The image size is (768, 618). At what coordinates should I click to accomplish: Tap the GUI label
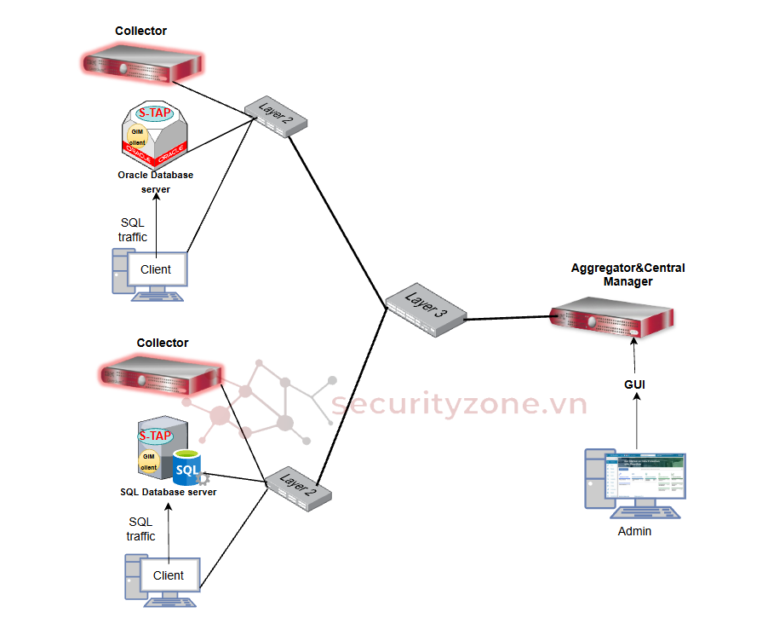pyautogui.click(x=634, y=384)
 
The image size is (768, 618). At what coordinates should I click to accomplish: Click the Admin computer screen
pyautogui.click(x=645, y=481)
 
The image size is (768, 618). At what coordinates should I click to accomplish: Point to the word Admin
pyautogui.click(x=634, y=531)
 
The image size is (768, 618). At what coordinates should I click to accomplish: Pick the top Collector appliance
pyautogui.click(x=141, y=64)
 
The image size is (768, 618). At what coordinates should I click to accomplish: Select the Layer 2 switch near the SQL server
pyautogui.click(x=297, y=487)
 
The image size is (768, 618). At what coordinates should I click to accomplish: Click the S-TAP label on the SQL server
pyautogui.click(x=155, y=436)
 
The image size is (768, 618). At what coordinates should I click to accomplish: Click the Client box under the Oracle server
pyautogui.click(x=155, y=269)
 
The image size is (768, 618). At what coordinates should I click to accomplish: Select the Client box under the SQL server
pyautogui.click(x=168, y=575)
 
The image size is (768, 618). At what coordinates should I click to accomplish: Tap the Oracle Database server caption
pyautogui.click(x=155, y=182)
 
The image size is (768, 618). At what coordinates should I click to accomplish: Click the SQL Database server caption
pyautogui.click(x=168, y=492)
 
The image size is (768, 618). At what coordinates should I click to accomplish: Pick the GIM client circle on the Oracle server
pyautogui.click(x=137, y=136)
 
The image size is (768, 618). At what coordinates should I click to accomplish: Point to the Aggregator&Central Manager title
pyautogui.click(x=628, y=274)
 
